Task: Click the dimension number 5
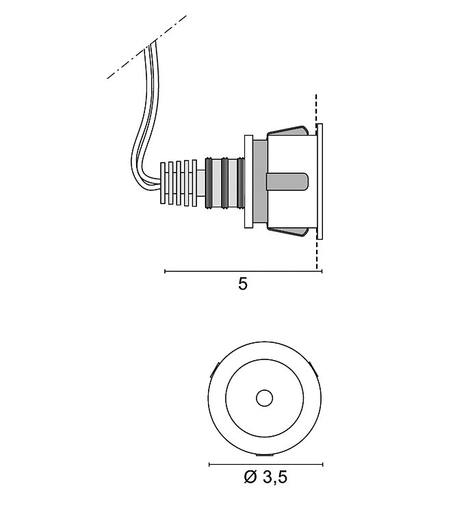tap(243, 284)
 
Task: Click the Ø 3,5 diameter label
tap(265, 477)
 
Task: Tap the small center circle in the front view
tap(264, 398)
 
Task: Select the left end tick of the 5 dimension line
tap(165, 271)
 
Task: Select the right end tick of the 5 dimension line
tap(322, 271)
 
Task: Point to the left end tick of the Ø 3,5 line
tap(209, 464)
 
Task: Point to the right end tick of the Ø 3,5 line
tap(322, 464)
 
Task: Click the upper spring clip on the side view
tap(287, 131)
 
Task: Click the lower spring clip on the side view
tap(287, 232)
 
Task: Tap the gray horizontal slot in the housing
tap(287, 181)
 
